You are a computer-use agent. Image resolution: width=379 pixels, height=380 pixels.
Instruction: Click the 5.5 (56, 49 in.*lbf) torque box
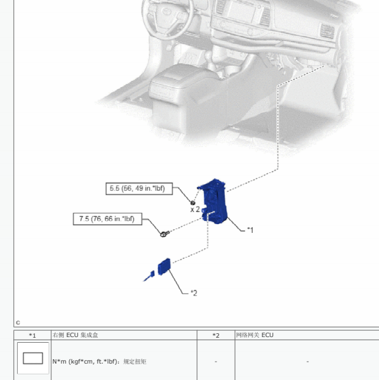point(139,189)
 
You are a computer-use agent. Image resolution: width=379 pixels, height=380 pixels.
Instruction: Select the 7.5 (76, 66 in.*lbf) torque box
point(107,219)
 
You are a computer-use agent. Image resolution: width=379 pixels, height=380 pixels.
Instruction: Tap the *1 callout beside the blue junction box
point(250,230)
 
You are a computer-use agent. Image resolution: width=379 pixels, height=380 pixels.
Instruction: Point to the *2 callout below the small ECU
point(194,293)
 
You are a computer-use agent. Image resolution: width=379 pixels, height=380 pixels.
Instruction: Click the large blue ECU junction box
point(215,201)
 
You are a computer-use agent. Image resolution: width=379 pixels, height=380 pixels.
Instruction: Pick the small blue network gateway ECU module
point(164,266)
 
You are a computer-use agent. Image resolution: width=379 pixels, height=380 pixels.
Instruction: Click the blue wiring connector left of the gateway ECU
point(149,276)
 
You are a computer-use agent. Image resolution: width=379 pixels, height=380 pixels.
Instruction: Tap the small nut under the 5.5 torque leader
point(193,203)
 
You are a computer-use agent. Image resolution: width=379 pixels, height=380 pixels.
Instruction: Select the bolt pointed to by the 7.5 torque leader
point(165,234)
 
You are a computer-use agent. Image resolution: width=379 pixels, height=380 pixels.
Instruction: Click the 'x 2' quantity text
point(195,210)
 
